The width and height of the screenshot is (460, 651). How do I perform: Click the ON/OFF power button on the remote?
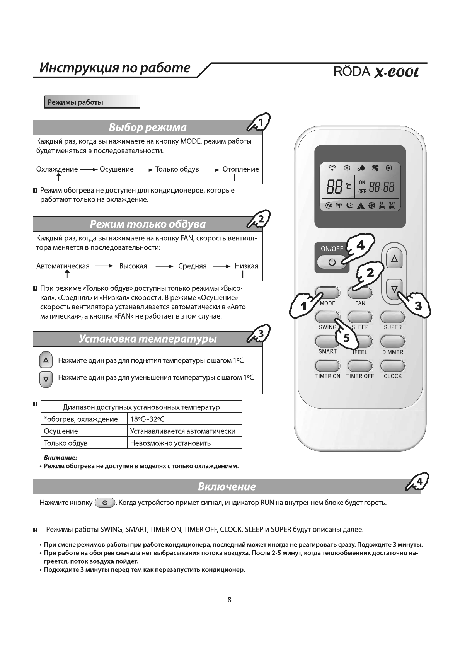[x=331, y=262]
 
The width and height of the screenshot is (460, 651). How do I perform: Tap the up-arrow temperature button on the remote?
[x=394, y=259]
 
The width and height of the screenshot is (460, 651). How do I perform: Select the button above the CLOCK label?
[x=393, y=365]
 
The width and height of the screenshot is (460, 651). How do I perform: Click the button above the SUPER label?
[x=393, y=317]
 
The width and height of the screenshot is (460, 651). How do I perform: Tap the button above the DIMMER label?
[x=393, y=341]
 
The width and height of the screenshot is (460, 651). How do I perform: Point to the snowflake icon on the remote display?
[x=347, y=168]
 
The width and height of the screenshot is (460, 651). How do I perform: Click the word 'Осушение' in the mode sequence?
[x=116, y=169]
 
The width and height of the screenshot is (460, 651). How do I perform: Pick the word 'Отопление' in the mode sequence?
[x=240, y=169]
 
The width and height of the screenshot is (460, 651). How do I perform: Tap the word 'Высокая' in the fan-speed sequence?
[x=133, y=266]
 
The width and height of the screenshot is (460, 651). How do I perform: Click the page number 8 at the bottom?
[x=229, y=600]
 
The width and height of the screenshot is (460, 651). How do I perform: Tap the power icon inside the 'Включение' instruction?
[x=105, y=503]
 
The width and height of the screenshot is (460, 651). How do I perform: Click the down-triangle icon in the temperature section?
[x=46, y=379]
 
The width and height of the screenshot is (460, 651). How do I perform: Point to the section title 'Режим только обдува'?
[x=148, y=224]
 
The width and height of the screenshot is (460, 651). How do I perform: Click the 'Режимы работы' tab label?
[x=75, y=102]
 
